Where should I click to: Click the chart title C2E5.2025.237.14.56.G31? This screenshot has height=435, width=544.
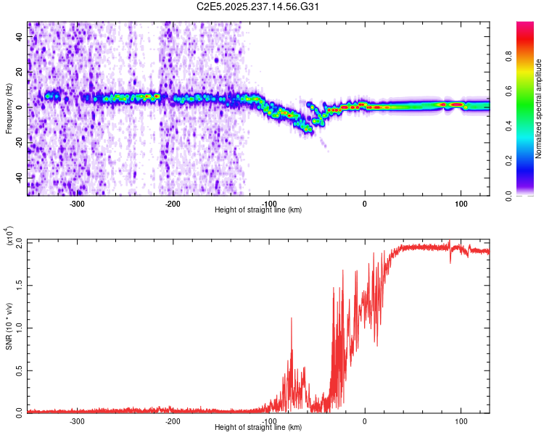(258, 7)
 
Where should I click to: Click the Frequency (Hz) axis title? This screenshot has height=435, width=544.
(9, 107)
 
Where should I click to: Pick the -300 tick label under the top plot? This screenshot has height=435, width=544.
(77, 204)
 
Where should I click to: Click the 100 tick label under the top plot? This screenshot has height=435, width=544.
(461, 204)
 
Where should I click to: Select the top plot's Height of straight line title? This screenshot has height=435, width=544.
(258, 210)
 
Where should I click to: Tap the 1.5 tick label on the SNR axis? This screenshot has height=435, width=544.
(19, 285)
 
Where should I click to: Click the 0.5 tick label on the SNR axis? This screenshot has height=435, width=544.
(19, 369)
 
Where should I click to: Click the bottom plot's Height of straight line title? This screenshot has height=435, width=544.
(258, 428)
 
